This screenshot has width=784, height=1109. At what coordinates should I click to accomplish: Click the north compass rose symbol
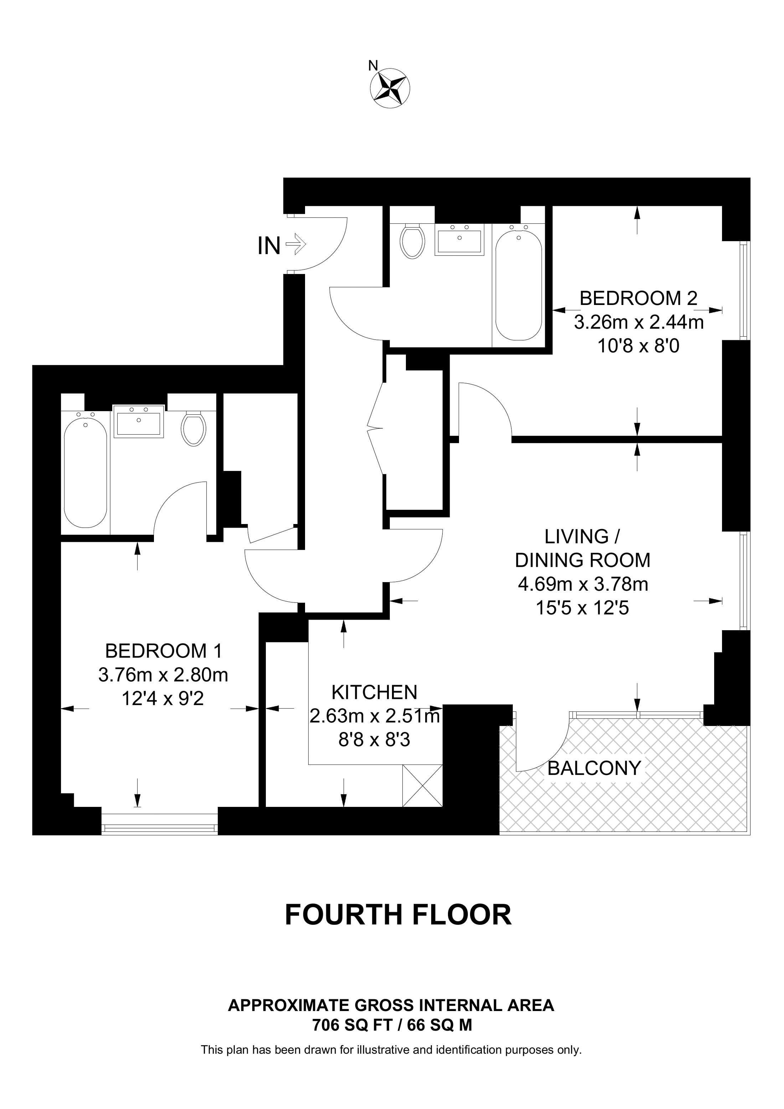pos(390,88)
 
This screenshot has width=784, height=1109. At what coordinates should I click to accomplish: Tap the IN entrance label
pos(269,246)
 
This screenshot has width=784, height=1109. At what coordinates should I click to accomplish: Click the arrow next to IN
pos(296,244)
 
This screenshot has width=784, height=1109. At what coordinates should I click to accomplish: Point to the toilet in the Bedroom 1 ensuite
pos(194,428)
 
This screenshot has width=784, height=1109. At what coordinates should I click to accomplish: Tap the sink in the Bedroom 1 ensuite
pos(139,421)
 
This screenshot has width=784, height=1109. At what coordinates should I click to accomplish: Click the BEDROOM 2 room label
pos(639,298)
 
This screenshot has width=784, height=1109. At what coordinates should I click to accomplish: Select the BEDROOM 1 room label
pos(164,651)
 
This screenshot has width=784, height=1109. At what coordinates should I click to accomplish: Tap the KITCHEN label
pos(375,693)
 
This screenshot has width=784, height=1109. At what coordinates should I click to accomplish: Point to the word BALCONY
pos(594,768)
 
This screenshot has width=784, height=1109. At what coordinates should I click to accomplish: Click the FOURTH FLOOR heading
pos(398,915)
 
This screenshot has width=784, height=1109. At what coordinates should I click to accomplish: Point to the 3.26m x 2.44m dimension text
pos(639,322)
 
